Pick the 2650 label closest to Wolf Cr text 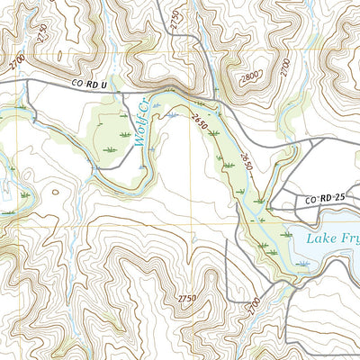[198, 124]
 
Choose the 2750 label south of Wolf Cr [186, 298]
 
